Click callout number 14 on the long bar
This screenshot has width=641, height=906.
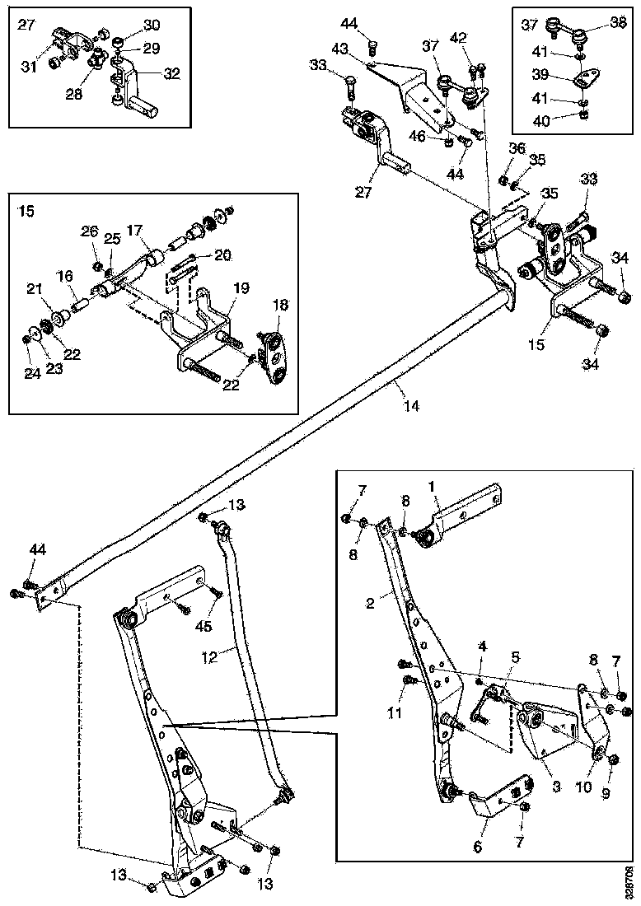pos(411,405)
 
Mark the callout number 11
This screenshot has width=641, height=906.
pos(395,712)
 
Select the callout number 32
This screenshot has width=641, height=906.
pos(171,72)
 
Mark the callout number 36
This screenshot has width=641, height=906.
pos(517,148)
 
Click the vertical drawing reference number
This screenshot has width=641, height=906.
pos(629,882)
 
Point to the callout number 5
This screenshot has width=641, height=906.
pos(516,657)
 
